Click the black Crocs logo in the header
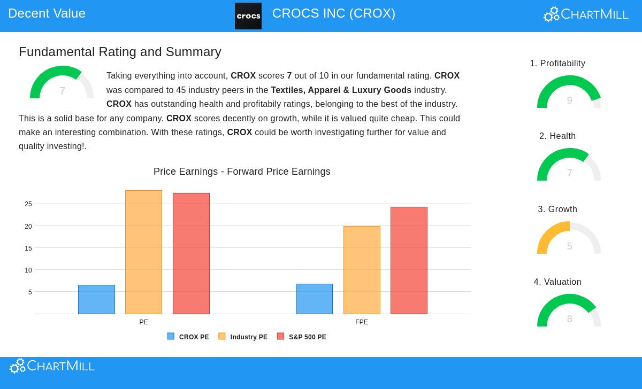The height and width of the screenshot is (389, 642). [x=248, y=16]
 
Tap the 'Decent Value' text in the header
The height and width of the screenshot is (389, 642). [x=47, y=13]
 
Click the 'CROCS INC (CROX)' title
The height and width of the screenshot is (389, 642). [x=333, y=13]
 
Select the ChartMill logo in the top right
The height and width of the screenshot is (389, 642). [x=586, y=14]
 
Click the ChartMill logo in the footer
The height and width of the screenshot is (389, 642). [x=52, y=366]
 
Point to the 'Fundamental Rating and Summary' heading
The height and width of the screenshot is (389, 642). [x=120, y=52]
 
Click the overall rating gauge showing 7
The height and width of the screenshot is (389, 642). [x=62, y=83]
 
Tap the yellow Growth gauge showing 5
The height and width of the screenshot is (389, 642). [x=569, y=238]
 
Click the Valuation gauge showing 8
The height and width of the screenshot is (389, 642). [x=569, y=311]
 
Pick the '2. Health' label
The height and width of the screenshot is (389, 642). [x=557, y=136]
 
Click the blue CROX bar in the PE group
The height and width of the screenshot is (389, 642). [x=96, y=299]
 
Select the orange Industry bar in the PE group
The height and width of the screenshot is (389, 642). [x=143, y=252]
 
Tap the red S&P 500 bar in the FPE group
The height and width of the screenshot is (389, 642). [x=409, y=260]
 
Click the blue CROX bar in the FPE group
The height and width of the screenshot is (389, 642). [x=315, y=299]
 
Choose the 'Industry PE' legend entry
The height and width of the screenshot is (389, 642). [x=243, y=337]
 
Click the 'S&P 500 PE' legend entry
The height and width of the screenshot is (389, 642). [x=302, y=337]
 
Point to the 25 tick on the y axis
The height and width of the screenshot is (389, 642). [x=28, y=204]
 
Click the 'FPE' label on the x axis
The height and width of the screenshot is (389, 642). [x=362, y=322]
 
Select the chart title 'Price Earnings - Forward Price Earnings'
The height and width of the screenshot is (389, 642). [x=242, y=172]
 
